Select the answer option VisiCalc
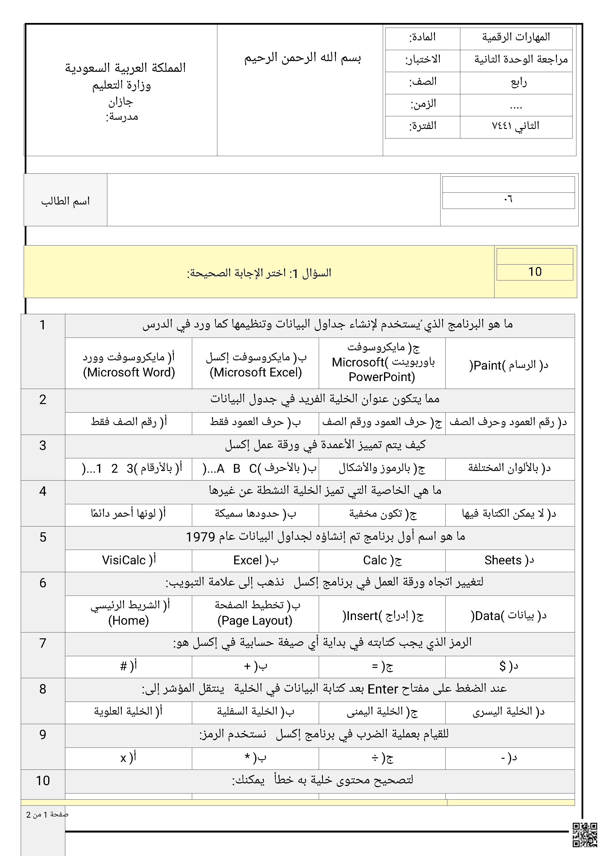pos(129,560)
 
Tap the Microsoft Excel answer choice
pos(256,365)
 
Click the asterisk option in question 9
pos(256,758)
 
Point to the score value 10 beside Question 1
pos(534,272)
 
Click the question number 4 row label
pos(43,491)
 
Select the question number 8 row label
pos(43,689)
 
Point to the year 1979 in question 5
pos(200,537)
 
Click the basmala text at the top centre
pos(302,58)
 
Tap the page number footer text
pos(47,815)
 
